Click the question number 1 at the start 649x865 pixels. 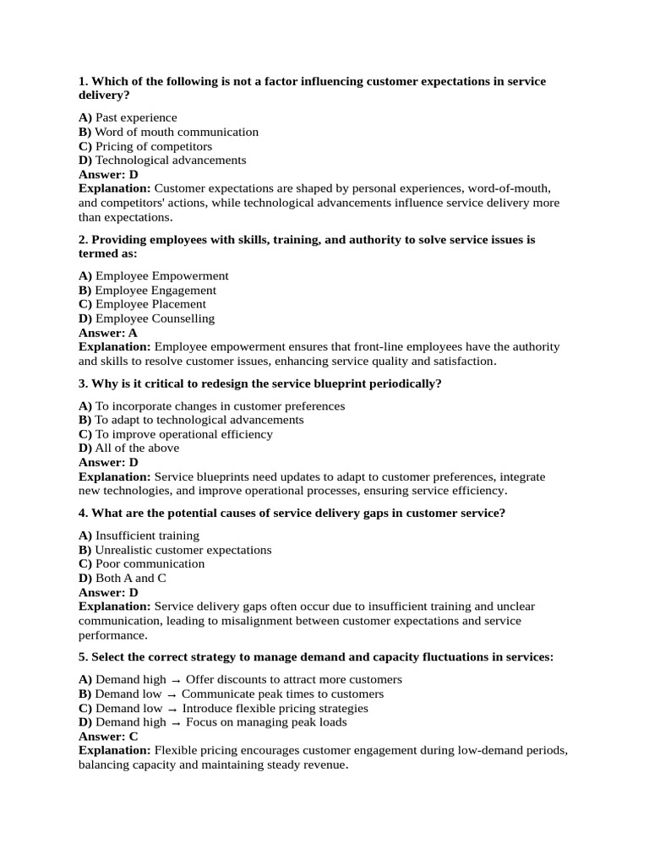pyautogui.click(x=83, y=81)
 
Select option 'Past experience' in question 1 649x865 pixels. pyautogui.click(x=136, y=117)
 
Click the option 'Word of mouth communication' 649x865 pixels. pyautogui.click(x=177, y=132)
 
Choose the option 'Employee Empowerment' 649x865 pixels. pyautogui.click(x=161, y=276)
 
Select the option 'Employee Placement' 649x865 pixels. pyautogui.click(x=150, y=304)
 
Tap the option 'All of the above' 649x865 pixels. pyautogui.click(x=137, y=448)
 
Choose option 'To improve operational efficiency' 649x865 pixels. pyautogui.click(x=183, y=434)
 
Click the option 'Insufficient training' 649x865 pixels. pyautogui.click(x=147, y=536)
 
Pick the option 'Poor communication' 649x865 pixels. pyautogui.click(x=150, y=563)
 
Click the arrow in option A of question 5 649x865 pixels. pyautogui.click(x=176, y=680)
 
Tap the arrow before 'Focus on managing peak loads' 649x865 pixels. pyautogui.click(x=176, y=723)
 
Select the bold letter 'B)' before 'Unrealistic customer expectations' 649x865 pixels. pyautogui.click(x=85, y=550)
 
